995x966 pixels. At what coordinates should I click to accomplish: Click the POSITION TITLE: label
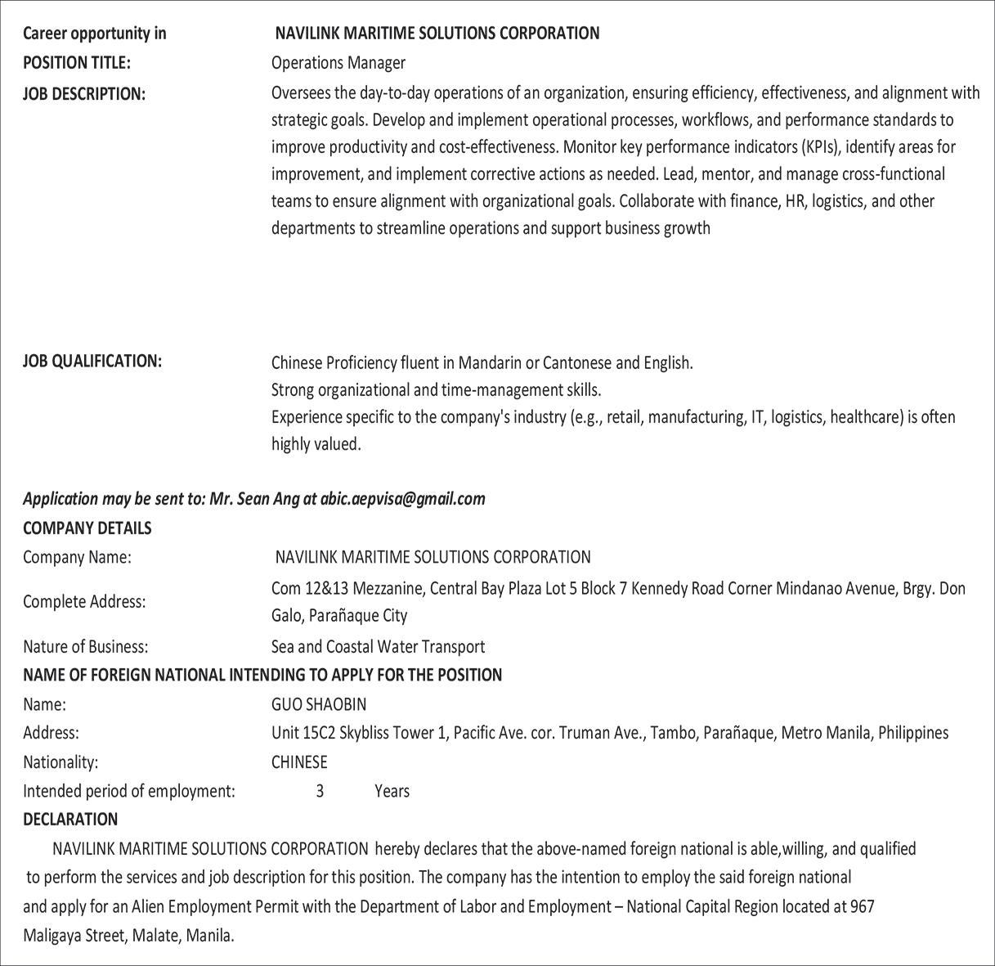pos(76,63)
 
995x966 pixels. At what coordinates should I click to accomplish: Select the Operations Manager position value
pos(338,63)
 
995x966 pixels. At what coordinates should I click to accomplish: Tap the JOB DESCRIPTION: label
pos(83,93)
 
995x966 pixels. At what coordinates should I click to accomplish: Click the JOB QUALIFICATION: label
pos(92,362)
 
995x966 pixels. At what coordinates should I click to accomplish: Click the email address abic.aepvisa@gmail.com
pos(402,498)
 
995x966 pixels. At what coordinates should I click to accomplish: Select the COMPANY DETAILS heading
pos(87,528)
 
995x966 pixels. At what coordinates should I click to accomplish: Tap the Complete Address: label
pos(84,601)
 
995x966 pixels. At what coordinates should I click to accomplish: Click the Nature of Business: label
pos(85,646)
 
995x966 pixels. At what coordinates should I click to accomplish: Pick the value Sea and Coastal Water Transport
pos(378,646)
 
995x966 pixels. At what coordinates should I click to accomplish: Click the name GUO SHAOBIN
pos(318,703)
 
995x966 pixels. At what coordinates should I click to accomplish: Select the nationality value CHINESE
pos(298,762)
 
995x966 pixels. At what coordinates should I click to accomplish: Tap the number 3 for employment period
pos(320,791)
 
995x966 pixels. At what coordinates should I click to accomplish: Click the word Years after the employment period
pos(392,791)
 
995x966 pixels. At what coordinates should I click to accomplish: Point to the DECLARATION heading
pos(70,819)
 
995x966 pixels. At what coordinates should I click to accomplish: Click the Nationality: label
pos(60,762)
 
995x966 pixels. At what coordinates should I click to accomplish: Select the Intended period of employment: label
pos(128,791)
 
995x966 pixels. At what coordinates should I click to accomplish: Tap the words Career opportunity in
pos(94,34)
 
